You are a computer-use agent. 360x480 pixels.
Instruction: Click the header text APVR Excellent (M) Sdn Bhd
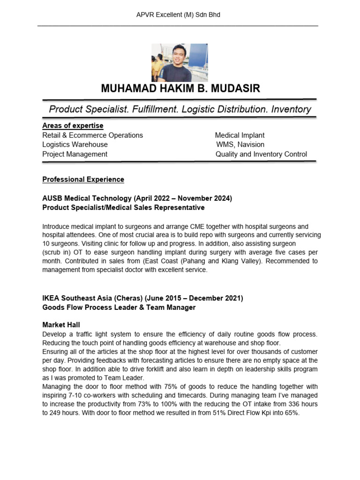click(x=178, y=15)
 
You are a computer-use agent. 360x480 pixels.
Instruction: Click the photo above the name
click(x=180, y=63)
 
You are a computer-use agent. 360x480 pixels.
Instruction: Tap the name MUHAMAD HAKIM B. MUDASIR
click(x=180, y=89)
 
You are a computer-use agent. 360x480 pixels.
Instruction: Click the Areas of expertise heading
click(x=73, y=126)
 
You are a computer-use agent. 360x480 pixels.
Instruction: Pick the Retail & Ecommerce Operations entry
click(x=92, y=135)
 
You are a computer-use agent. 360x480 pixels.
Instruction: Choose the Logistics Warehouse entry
click(x=75, y=144)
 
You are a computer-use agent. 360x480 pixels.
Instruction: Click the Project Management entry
click(x=75, y=154)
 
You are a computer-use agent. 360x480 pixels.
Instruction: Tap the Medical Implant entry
click(x=240, y=135)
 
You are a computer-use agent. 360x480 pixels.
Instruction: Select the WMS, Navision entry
click(x=240, y=144)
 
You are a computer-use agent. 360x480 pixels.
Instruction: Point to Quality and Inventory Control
click(x=261, y=154)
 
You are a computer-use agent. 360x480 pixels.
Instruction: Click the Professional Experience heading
click(x=83, y=180)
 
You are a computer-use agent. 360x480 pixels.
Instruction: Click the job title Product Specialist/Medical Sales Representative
click(x=123, y=207)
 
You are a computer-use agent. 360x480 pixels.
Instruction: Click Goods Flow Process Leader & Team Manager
click(x=119, y=307)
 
